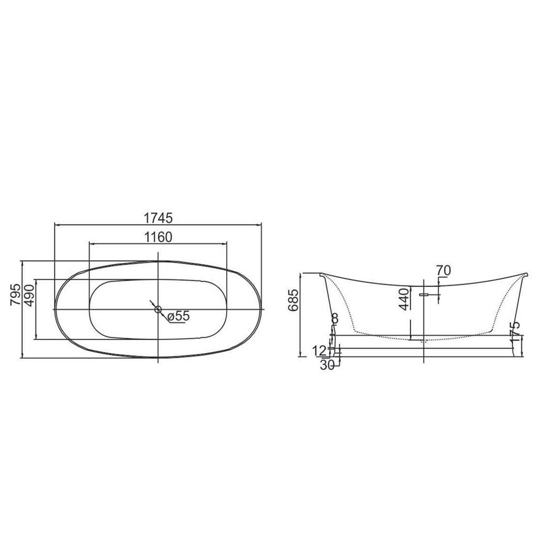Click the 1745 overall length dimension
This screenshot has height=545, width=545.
point(158,218)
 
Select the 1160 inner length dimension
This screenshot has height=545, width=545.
point(158,237)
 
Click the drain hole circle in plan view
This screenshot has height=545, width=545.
point(158,310)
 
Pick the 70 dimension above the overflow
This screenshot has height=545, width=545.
point(444,270)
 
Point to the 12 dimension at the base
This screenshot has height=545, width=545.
point(321,350)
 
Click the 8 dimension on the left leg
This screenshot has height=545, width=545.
point(335,318)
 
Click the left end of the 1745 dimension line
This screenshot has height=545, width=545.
point(55,225)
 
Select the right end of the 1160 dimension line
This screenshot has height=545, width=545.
point(226,244)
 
